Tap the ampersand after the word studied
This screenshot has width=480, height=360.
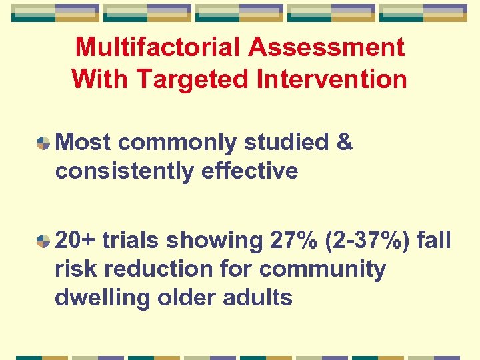(x=345, y=143)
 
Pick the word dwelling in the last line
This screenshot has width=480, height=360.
(x=103, y=298)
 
